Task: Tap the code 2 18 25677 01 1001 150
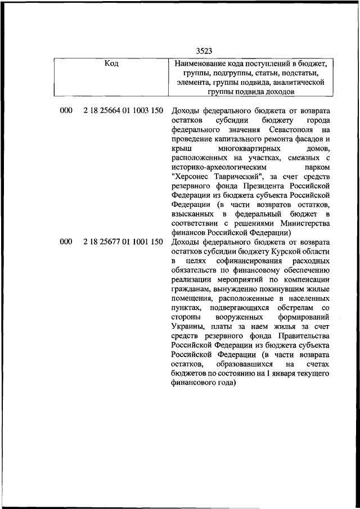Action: (x=123, y=242)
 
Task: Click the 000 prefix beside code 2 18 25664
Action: (x=66, y=111)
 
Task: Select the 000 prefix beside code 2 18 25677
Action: (x=66, y=242)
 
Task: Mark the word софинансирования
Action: (x=240, y=262)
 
